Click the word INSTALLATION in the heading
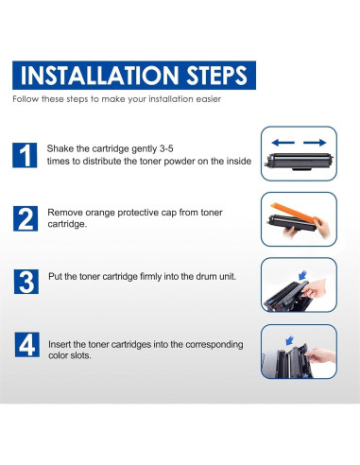pyautogui.click(x=99, y=76)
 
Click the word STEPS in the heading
pyautogui.click(x=216, y=76)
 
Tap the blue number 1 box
pyautogui.click(x=25, y=155)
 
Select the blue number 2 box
pyautogui.click(x=26, y=218)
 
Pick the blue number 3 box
pyautogui.click(x=26, y=282)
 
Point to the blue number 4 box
pyautogui.click(x=27, y=345)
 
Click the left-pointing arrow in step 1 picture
pyautogui.click(x=283, y=143)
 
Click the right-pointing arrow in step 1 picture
pyautogui.click(x=315, y=143)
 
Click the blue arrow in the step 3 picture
pyautogui.click(x=302, y=275)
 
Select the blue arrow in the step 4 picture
pyautogui.click(x=289, y=341)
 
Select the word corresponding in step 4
pyautogui.click(x=214, y=345)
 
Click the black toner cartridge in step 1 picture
pyautogui.click(x=299, y=161)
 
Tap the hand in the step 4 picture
pyautogui.click(x=320, y=355)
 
